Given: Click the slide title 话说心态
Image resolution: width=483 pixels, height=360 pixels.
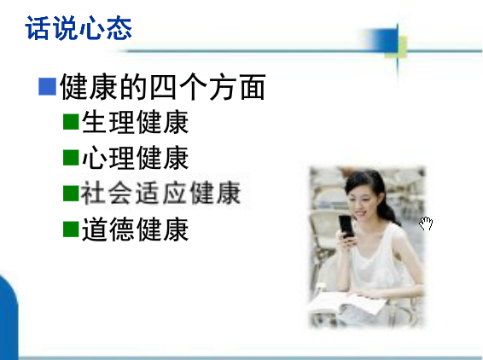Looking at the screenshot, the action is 79,28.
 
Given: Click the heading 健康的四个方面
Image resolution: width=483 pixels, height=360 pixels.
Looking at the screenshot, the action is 163,87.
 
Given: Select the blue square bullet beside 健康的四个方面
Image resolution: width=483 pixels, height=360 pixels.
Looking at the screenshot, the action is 48,86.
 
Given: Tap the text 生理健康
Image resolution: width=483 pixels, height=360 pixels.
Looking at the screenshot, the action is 135,122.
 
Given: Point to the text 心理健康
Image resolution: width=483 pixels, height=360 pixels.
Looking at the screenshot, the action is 135,158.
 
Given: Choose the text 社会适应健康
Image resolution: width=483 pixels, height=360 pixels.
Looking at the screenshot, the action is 160,193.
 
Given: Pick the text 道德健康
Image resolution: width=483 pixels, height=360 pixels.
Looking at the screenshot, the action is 135,229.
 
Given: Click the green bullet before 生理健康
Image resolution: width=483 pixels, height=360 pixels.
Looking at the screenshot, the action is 71,122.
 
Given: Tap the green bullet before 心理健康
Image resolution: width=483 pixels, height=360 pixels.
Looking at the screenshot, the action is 71,157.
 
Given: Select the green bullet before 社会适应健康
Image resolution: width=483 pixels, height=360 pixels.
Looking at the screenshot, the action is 71,193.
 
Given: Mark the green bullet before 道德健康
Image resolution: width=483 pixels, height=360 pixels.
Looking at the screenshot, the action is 71,229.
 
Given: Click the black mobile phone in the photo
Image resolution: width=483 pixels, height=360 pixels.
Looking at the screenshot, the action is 346,226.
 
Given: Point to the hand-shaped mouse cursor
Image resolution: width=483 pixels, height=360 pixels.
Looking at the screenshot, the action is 427,224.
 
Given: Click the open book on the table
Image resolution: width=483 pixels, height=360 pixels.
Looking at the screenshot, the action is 347,304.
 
